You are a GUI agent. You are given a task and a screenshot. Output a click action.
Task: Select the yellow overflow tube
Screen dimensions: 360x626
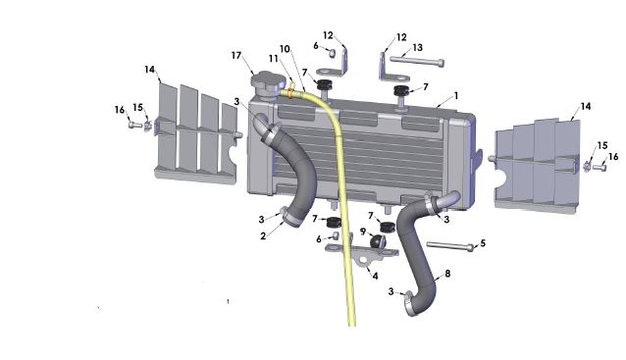[x=343, y=196]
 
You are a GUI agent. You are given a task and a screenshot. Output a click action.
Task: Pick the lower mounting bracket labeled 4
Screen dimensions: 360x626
[x=368, y=257]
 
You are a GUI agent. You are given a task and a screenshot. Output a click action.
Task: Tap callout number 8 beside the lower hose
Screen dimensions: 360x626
[x=448, y=275]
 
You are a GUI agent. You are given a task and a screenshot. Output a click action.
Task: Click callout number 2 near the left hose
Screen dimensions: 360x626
[x=263, y=235]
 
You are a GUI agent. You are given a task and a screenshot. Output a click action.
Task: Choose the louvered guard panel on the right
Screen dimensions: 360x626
[x=535, y=162]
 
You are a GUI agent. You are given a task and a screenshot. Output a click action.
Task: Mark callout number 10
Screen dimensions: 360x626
[x=285, y=48]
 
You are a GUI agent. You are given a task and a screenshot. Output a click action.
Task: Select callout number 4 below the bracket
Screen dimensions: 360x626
[x=374, y=276]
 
